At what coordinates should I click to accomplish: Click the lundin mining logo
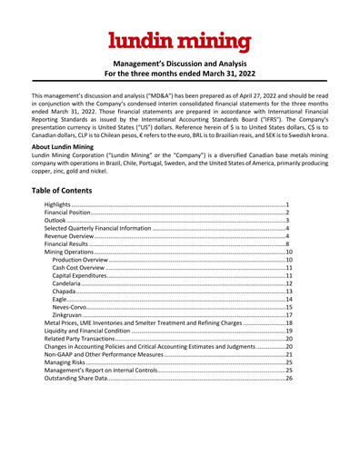coord(179,41)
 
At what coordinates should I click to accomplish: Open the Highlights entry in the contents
coord(85,207)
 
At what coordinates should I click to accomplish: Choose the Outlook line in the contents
coord(84,225)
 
